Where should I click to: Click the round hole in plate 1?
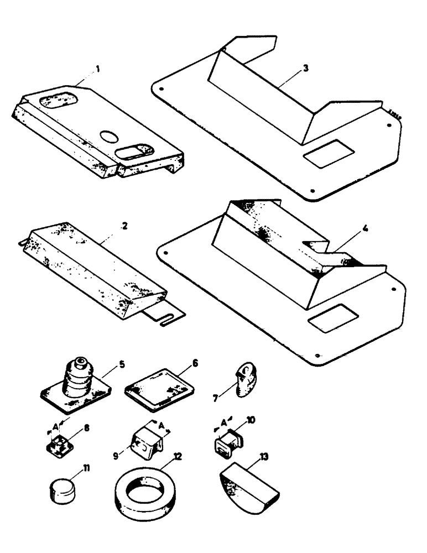click(x=109, y=135)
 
